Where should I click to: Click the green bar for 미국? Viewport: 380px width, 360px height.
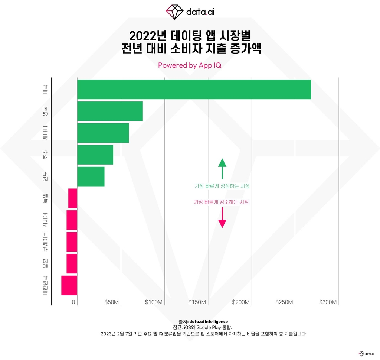[x=194, y=90]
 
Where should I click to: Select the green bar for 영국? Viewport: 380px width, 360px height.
[x=110, y=111]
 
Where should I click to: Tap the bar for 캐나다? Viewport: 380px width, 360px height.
[x=103, y=133]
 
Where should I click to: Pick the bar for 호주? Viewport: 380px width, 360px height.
[x=95, y=155]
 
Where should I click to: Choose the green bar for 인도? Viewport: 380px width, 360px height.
[x=91, y=176]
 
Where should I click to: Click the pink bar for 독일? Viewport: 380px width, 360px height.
[x=73, y=198]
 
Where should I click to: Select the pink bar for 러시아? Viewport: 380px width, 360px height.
[x=72, y=220]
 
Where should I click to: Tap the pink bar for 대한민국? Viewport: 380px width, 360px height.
[x=69, y=285]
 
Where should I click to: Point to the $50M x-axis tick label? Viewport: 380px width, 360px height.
[x=112, y=302]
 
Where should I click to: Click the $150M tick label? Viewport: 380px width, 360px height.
[x=197, y=302]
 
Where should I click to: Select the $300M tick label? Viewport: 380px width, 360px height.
[x=328, y=302]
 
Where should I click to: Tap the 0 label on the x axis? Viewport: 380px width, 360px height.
[x=74, y=302]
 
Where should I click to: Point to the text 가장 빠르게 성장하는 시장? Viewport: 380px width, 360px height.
[x=222, y=186]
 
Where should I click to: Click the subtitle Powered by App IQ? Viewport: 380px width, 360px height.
[x=190, y=65]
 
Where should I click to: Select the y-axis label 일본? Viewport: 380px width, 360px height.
[x=45, y=263]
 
